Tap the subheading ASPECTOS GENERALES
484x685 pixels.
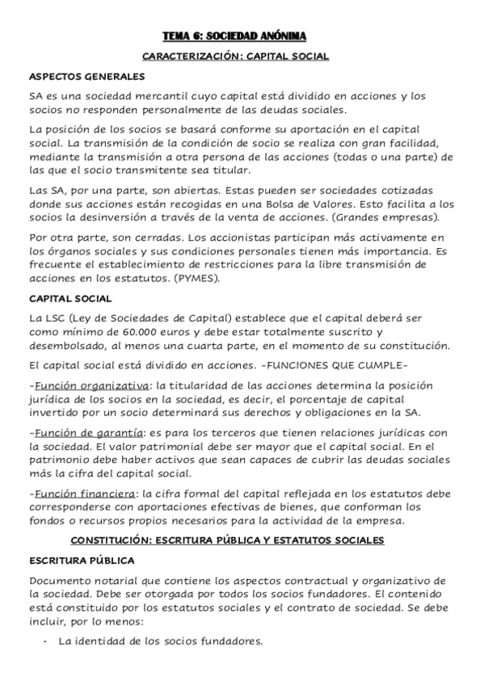86,77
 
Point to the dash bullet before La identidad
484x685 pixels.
44,642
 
